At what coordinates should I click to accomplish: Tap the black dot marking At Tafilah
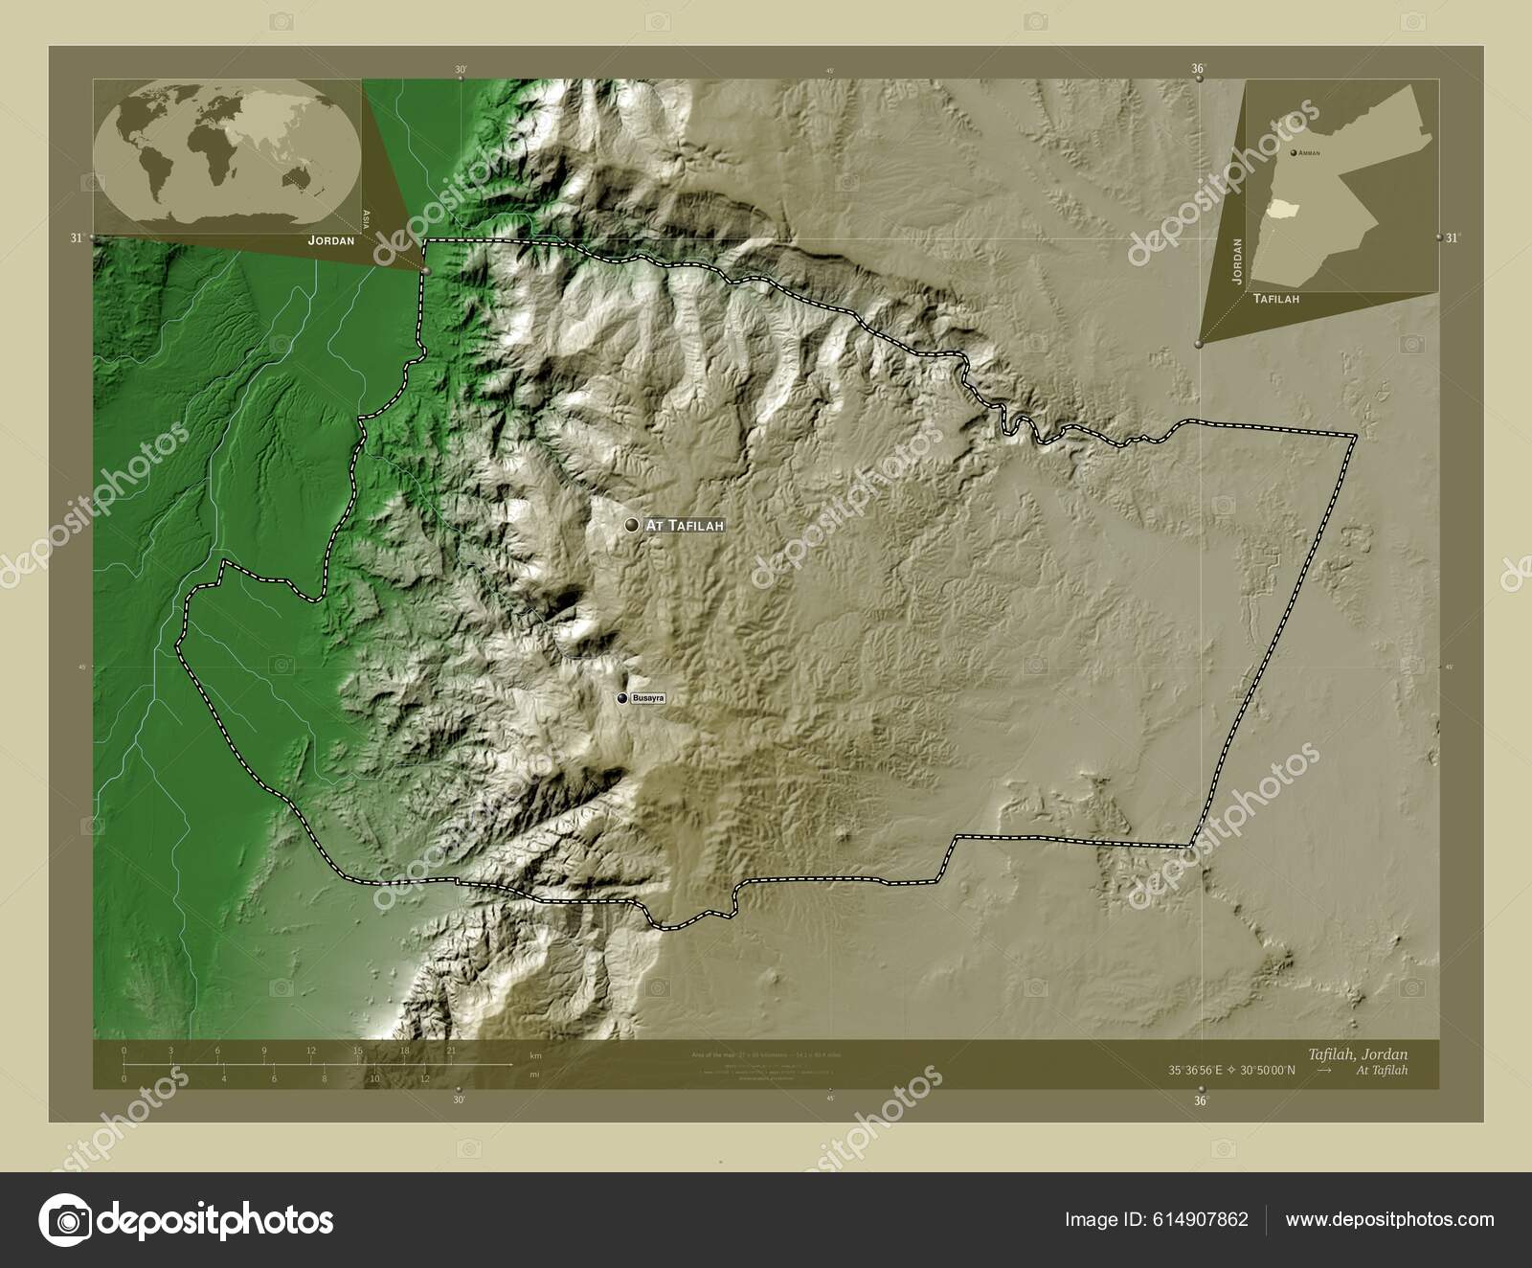(x=631, y=525)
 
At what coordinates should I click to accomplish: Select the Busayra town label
(x=646, y=699)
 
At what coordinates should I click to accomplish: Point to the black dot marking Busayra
(x=622, y=699)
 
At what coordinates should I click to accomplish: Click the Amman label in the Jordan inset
(x=1309, y=153)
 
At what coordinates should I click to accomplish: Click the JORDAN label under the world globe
(x=330, y=241)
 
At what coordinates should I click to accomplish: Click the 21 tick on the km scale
(x=451, y=1051)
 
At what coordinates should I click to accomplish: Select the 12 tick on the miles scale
(x=424, y=1078)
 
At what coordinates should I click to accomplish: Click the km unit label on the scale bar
(x=535, y=1055)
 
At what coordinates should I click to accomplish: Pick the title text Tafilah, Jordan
(x=1371, y=1053)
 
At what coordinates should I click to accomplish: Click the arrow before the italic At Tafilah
(x=1324, y=1070)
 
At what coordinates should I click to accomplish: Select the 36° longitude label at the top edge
(x=1198, y=68)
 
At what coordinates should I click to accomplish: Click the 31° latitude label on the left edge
(x=76, y=238)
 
